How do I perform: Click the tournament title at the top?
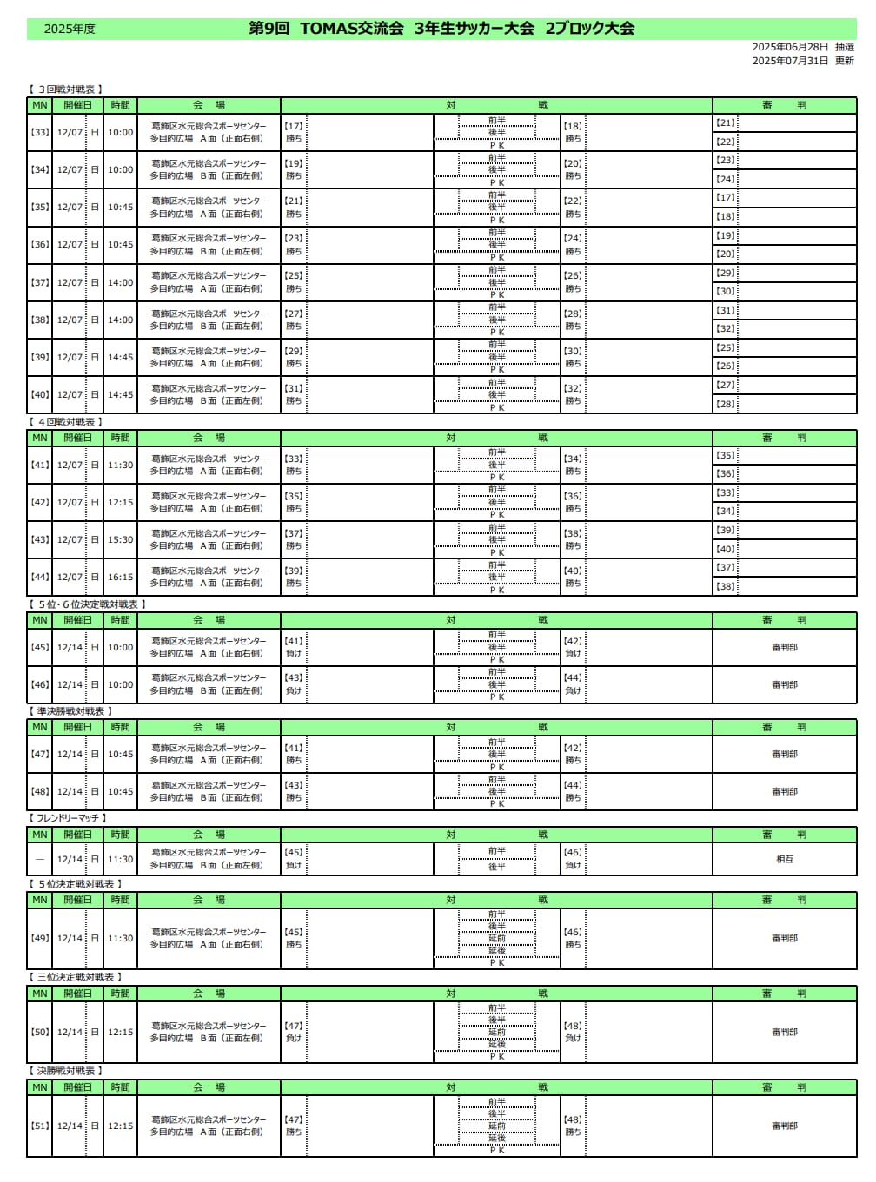[x=441, y=28]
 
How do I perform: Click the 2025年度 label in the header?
[x=70, y=29]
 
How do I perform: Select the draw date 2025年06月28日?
[x=790, y=47]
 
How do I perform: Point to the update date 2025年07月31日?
[x=790, y=61]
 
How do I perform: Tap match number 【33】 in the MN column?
[x=40, y=133]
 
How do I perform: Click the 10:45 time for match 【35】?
[x=120, y=208]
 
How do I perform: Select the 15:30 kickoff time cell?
[x=120, y=540]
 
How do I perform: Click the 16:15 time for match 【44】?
[x=120, y=578]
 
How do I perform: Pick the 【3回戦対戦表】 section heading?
[x=66, y=89]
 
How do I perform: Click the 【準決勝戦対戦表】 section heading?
[x=71, y=711]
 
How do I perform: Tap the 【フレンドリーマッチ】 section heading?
[x=68, y=818]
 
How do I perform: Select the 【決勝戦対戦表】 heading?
[x=66, y=1071]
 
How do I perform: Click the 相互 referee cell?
[x=785, y=859]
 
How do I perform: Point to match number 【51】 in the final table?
[x=40, y=1126]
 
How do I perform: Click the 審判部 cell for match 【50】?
[x=785, y=1033]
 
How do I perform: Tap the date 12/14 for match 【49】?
[x=70, y=939]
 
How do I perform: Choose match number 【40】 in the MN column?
[x=40, y=395]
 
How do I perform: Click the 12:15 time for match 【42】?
[x=120, y=503]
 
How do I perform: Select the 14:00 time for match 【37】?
[x=120, y=283]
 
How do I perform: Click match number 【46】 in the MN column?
[x=40, y=685]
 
